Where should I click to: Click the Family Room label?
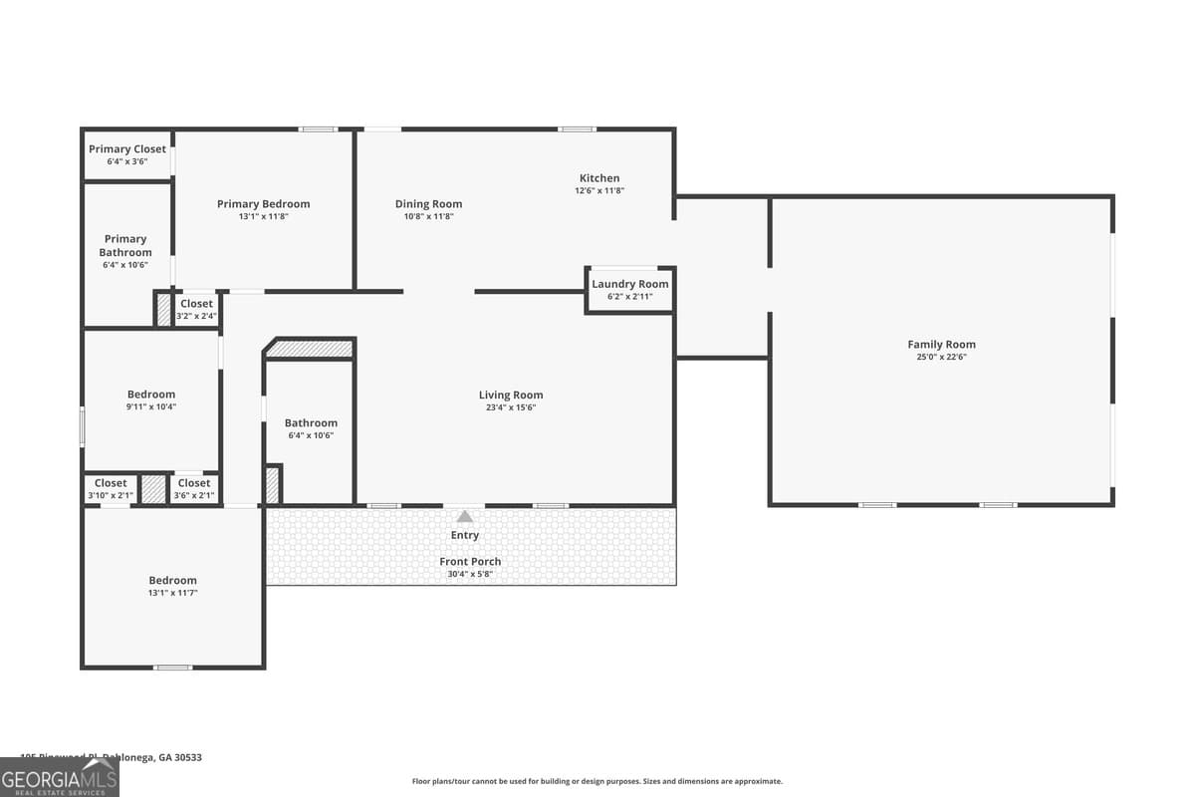tap(941, 345)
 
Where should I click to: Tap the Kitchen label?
tap(599, 178)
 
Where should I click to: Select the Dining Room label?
tap(428, 204)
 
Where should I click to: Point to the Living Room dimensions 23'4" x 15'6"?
tap(511, 407)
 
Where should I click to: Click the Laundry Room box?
tap(629, 290)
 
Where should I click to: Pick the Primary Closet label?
tap(127, 149)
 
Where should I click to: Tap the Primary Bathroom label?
tap(125, 246)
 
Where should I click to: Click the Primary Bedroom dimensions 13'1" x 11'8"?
tap(264, 216)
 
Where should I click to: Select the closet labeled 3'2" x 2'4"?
tap(196, 309)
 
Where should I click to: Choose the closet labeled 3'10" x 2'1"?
tap(111, 489)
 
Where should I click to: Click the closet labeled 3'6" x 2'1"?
tap(194, 489)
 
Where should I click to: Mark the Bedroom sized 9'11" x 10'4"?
tap(151, 399)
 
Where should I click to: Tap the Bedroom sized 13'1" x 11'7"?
tap(173, 586)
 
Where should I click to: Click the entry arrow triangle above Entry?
tap(465, 516)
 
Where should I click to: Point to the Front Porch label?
tap(470, 562)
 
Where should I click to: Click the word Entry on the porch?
tap(465, 535)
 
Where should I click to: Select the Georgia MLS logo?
tap(59, 777)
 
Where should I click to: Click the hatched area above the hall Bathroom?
tap(310, 350)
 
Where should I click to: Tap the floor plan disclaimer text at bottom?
tap(597, 781)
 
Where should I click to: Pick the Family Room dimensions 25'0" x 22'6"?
tap(941, 357)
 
